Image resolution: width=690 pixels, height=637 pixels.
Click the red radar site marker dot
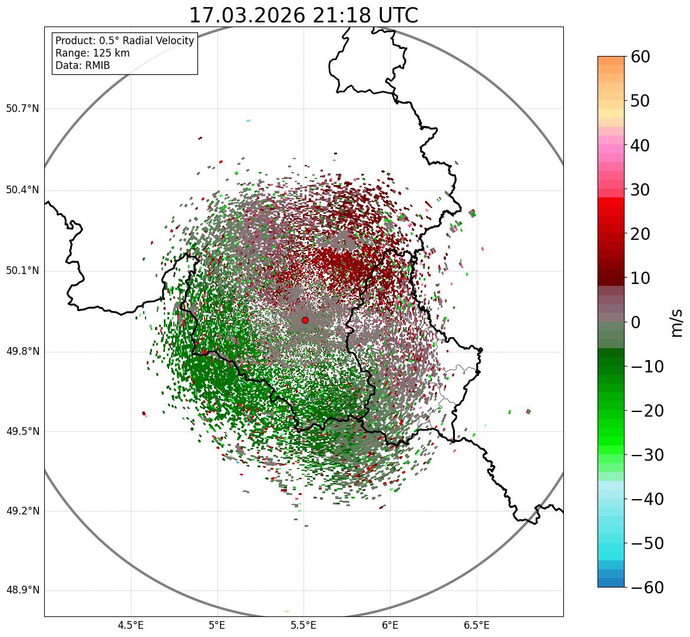click(x=305, y=320)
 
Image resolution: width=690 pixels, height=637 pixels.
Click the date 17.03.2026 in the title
click(x=247, y=15)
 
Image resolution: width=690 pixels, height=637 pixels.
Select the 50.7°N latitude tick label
click(x=22, y=108)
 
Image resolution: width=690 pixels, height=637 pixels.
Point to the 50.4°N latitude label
click(x=22, y=190)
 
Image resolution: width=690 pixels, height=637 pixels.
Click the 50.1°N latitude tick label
click(x=22, y=271)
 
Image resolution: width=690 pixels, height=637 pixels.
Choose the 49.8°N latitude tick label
click(x=22, y=352)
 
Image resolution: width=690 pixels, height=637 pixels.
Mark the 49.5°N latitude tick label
click(x=22, y=431)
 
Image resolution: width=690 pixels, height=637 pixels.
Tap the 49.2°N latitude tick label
click(x=22, y=511)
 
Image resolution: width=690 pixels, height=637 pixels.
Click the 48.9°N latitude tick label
click(x=22, y=590)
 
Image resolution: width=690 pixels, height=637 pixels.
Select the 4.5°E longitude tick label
click(x=131, y=625)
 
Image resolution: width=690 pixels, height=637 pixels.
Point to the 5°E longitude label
click(x=217, y=625)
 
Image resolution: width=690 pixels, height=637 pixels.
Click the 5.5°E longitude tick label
click(x=304, y=625)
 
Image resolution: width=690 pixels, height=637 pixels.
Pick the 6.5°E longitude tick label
click(x=477, y=625)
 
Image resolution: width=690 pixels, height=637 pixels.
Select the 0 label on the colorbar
click(x=636, y=322)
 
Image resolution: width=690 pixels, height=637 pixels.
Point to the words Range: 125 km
click(x=93, y=53)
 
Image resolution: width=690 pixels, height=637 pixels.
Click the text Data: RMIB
click(x=82, y=65)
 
